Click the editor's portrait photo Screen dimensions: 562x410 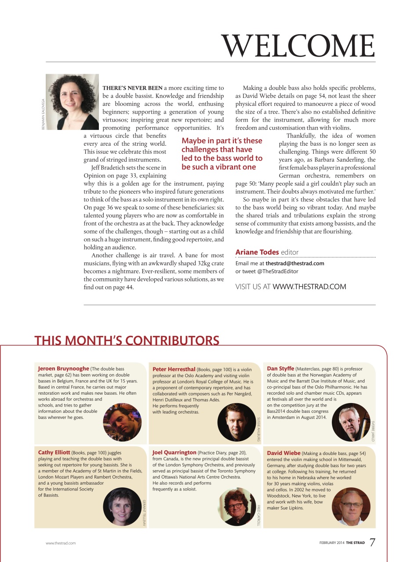pos(73,102)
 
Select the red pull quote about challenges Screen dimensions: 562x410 pos(222,154)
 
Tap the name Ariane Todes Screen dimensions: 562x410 pos(257,252)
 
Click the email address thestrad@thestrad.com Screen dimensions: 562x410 pos(295,263)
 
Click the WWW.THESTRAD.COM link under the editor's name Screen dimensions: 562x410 pos(309,287)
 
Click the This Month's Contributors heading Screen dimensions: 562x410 pos(127,341)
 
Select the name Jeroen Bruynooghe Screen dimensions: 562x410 pos(63,368)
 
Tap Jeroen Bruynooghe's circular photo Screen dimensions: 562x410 pos(122,422)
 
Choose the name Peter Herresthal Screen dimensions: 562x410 pos(174,369)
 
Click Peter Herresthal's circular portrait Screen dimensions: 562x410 pos(236,422)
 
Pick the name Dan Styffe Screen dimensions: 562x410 pos(280,368)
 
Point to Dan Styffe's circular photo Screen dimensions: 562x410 pos(351,422)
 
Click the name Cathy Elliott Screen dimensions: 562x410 pos(54,452)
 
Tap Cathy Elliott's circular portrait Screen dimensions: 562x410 pos(122,507)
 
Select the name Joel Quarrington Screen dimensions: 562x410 pos(174,452)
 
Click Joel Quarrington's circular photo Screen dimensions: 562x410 pos(236,507)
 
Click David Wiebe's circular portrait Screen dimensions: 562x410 pos(351,507)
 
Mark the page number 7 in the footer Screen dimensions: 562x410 pos(372,543)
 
